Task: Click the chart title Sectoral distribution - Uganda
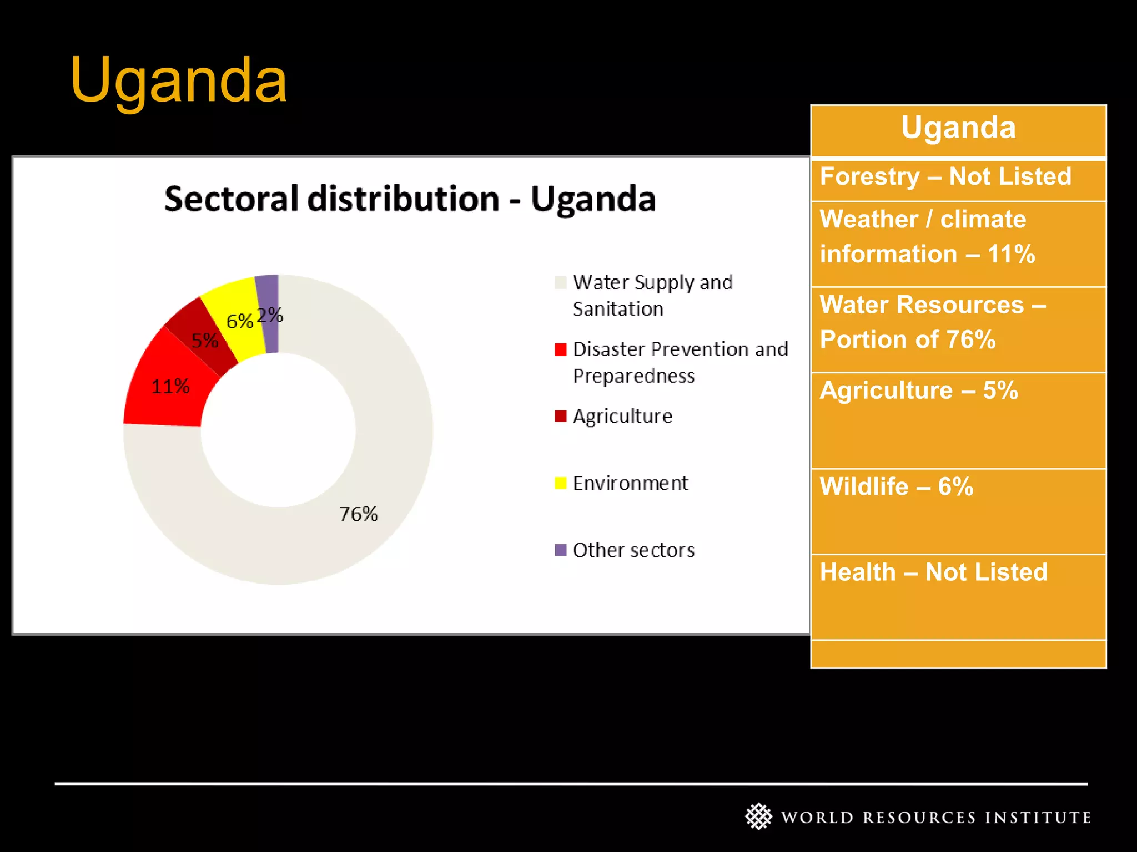pos(410,199)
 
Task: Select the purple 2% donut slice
pos(268,314)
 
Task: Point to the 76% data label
pos(358,514)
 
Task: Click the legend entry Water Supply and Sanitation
pos(652,295)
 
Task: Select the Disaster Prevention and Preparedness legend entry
pos(680,362)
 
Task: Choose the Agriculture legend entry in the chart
pos(622,416)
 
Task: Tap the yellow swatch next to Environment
pos(561,483)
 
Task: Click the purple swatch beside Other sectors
pos(561,550)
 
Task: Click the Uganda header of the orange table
pos(958,128)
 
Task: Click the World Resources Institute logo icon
pos(758,816)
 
